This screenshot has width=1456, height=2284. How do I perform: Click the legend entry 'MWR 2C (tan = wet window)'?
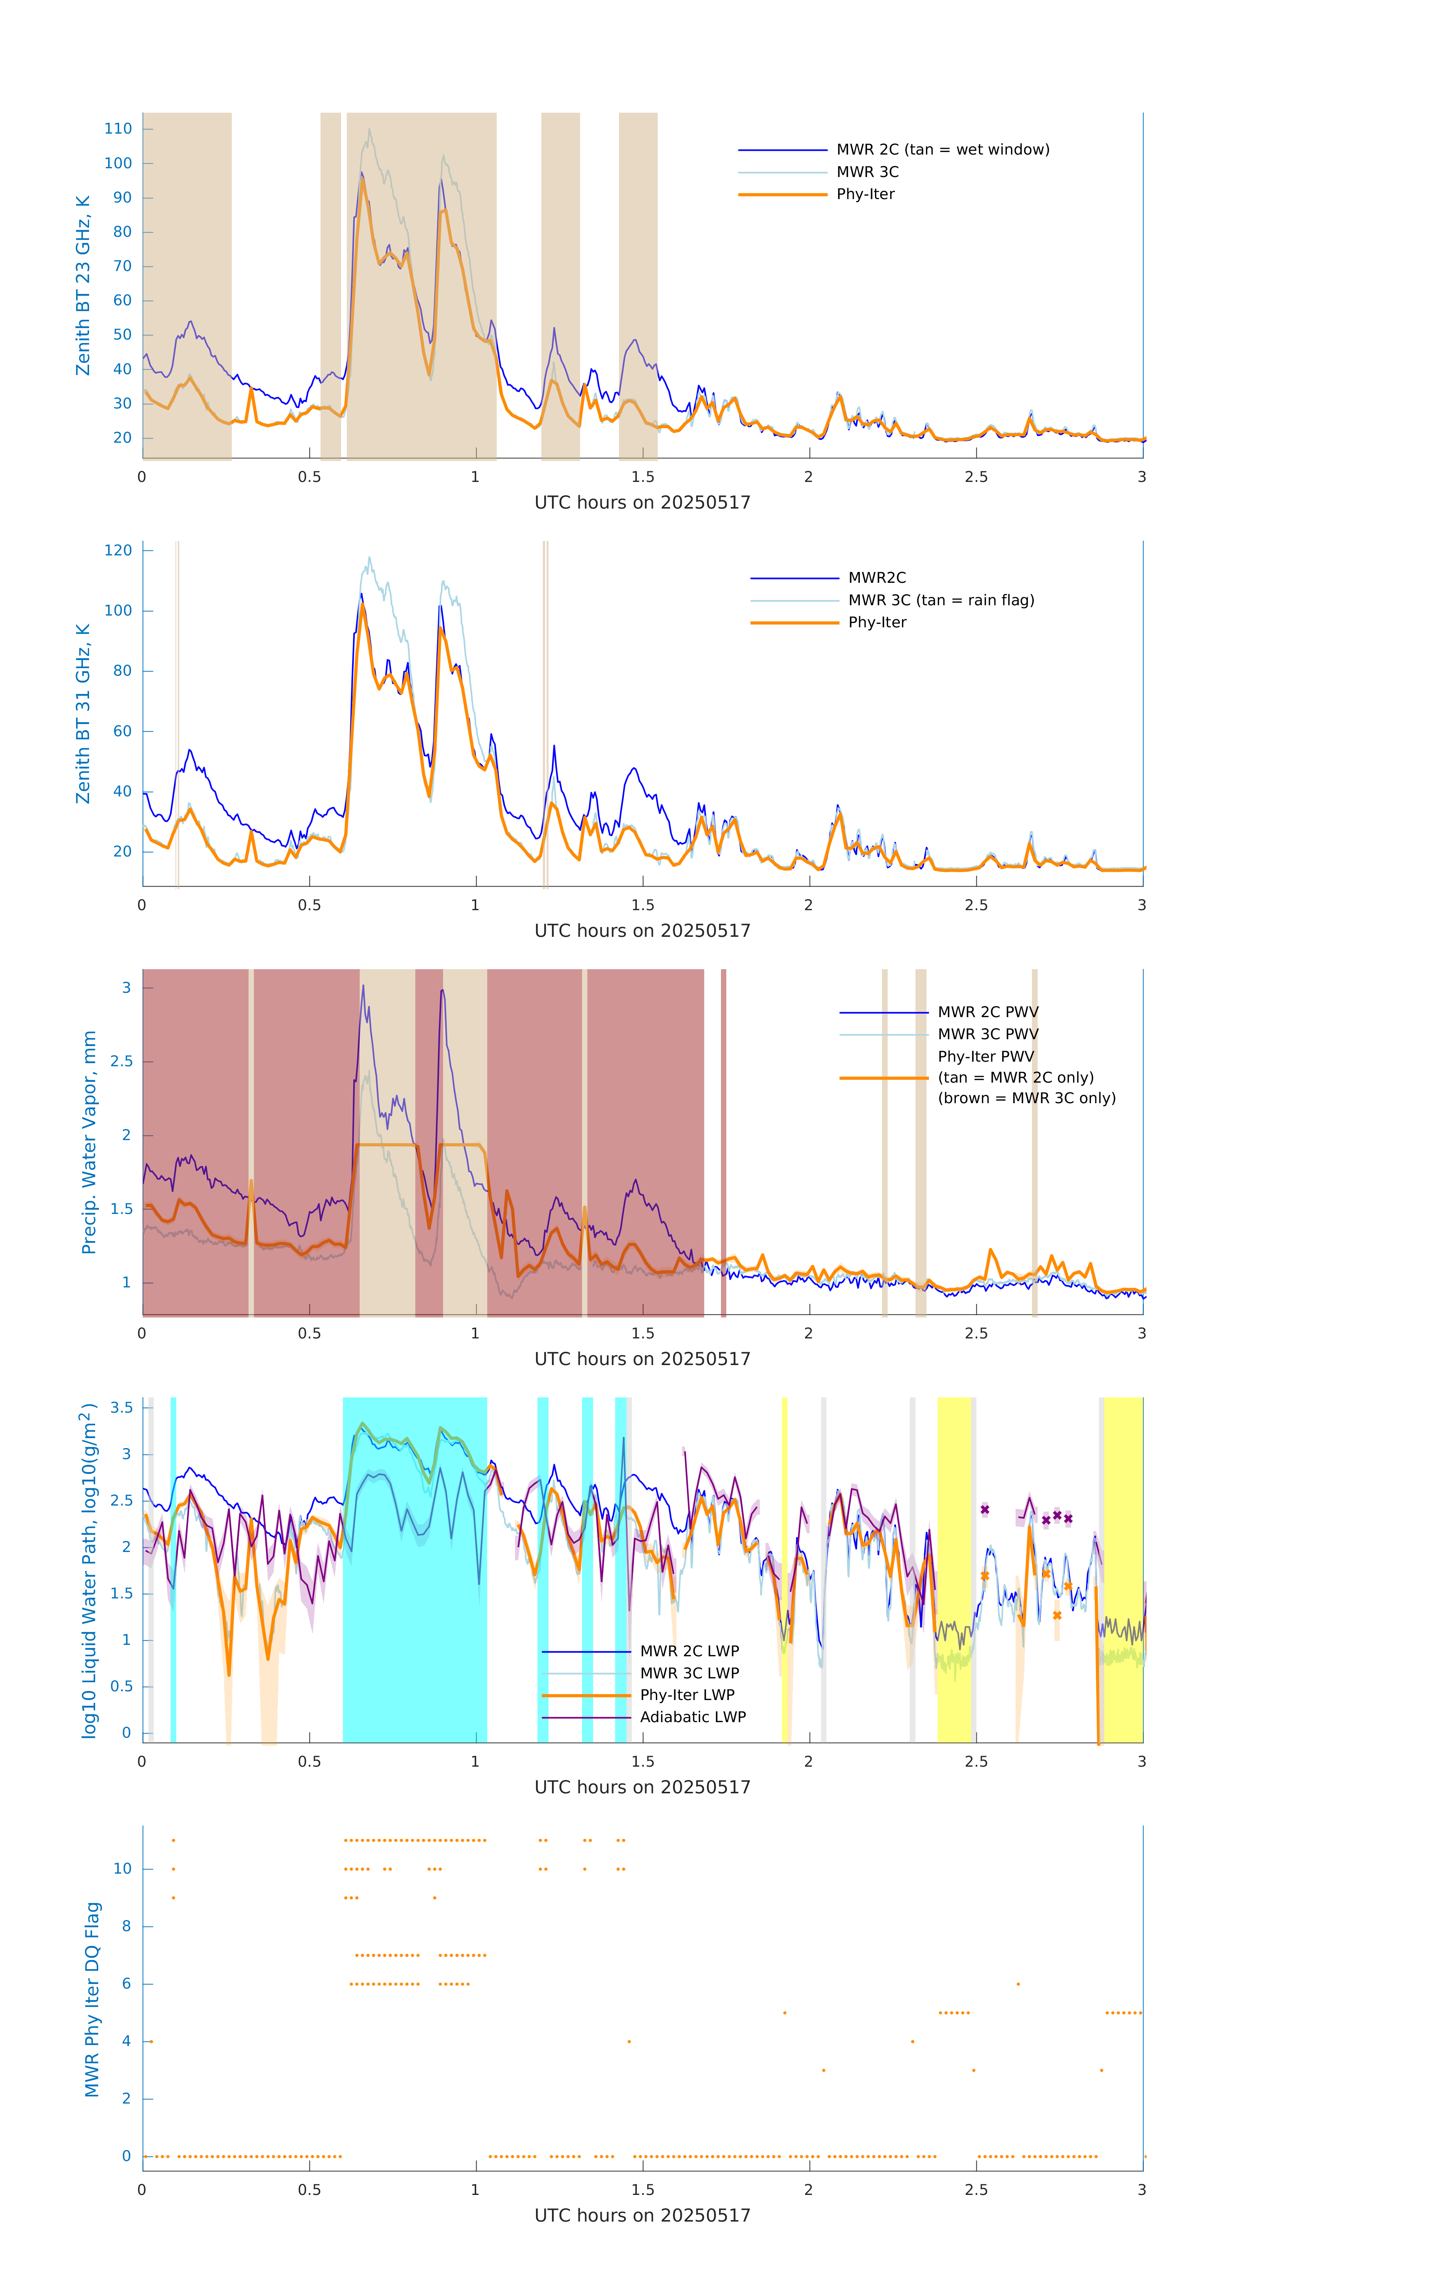(942, 150)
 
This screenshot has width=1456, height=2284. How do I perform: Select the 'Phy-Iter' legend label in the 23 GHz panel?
(865, 195)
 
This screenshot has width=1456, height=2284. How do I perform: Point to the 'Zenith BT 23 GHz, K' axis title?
(83, 285)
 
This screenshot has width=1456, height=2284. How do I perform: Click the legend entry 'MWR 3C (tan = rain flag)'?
(941, 600)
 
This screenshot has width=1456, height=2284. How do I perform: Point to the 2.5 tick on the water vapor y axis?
(121, 1061)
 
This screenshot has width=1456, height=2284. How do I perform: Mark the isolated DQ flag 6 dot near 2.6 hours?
(1018, 1983)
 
